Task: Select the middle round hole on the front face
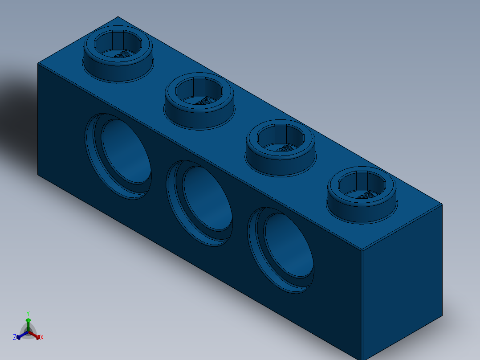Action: (x=206, y=200)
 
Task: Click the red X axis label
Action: (x=42, y=338)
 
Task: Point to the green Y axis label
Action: (x=28, y=313)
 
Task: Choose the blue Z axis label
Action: (x=15, y=337)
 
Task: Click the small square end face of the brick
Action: (x=402, y=285)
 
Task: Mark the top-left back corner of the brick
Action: (x=118, y=17)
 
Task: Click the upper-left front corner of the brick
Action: (x=38, y=64)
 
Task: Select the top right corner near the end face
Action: (x=441, y=205)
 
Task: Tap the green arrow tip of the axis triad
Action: (x=28, y=320)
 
